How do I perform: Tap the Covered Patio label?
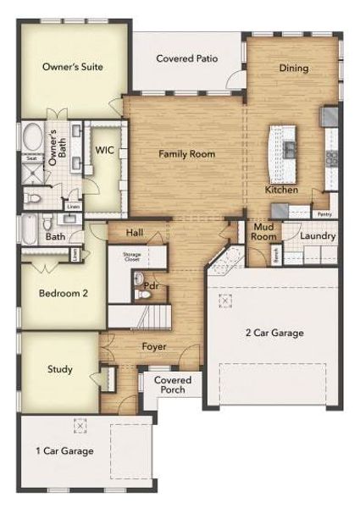(187, 58)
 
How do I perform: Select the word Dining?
(293, 68)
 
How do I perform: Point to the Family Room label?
(187, 154)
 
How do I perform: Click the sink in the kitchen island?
(289, 150)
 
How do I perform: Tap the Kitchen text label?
(282, 190)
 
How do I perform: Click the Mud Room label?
(263, 233)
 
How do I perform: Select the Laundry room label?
(318, 236)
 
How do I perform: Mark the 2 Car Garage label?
(274, 333)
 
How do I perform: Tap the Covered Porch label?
(172, 384)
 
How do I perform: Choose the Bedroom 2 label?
(63, 293)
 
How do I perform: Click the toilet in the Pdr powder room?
(140, 295)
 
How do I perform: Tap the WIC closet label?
(105, 151)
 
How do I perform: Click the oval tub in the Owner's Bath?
(32, 139)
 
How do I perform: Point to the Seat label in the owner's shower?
(30, 158)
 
